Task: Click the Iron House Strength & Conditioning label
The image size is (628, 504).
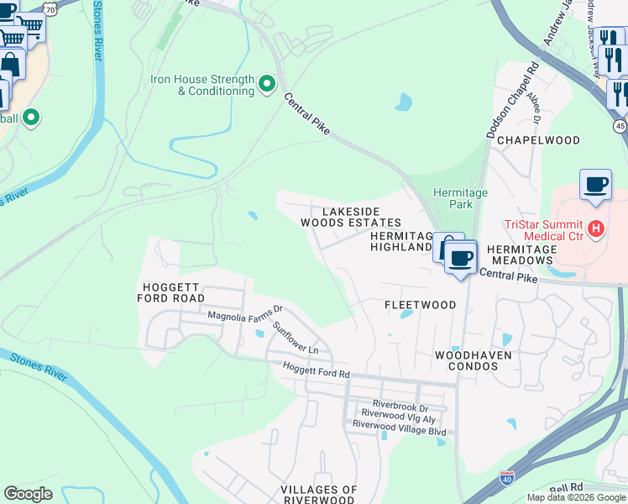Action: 202,85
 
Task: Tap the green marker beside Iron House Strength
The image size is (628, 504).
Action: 267,84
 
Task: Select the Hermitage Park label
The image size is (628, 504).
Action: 460,198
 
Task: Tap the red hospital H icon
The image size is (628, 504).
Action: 595,228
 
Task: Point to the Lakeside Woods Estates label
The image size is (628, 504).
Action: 352,217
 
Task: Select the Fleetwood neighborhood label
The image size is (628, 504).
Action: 420,305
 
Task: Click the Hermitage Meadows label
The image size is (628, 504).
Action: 521,255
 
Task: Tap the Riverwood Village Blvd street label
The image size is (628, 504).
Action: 399,425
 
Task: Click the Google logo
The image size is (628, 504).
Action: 29,494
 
